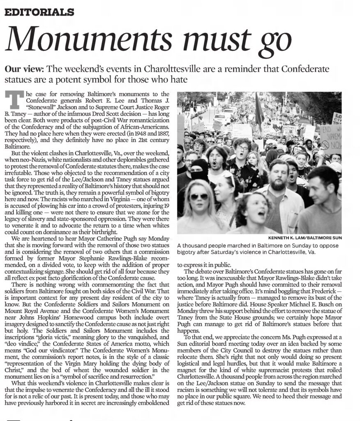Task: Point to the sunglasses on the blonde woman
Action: (199, 197)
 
